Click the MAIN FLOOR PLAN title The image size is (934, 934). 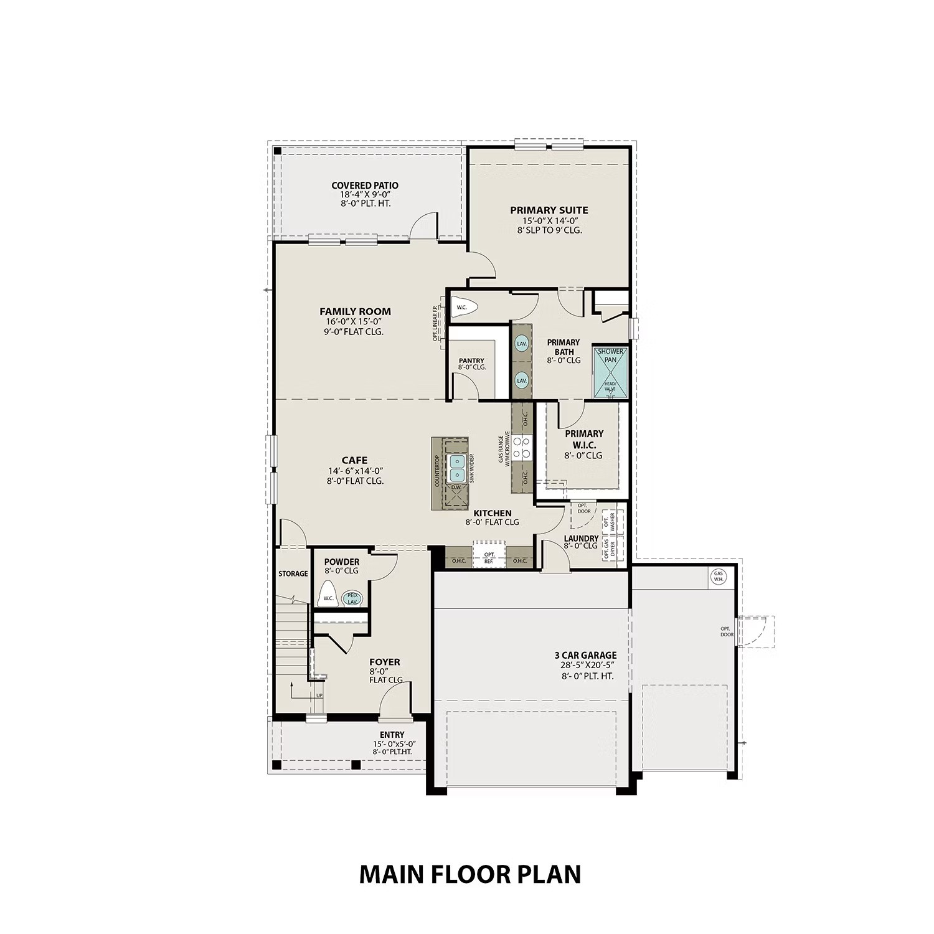[470, 874]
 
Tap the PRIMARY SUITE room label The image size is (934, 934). [549, 210]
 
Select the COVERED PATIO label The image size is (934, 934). [364, 186]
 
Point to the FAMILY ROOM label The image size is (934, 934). [355, 311]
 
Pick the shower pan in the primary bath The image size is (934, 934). [610, 372]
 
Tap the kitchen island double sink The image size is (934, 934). [458, 467]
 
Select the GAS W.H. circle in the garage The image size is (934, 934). [719, 577]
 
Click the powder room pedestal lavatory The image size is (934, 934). [352, 598]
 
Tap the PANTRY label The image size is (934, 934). [471, 361]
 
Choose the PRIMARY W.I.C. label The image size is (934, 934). [584, 439]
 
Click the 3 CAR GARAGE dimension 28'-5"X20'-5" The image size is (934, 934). [585, 665]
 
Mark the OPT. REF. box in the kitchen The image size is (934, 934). [489, 558]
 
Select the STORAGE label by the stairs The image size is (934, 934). [293, 573]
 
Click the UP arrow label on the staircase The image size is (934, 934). [319, 696]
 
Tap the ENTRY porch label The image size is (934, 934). [392, 735]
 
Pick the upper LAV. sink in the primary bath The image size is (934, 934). [521, 343]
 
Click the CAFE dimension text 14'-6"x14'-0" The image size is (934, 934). [354, 471]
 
